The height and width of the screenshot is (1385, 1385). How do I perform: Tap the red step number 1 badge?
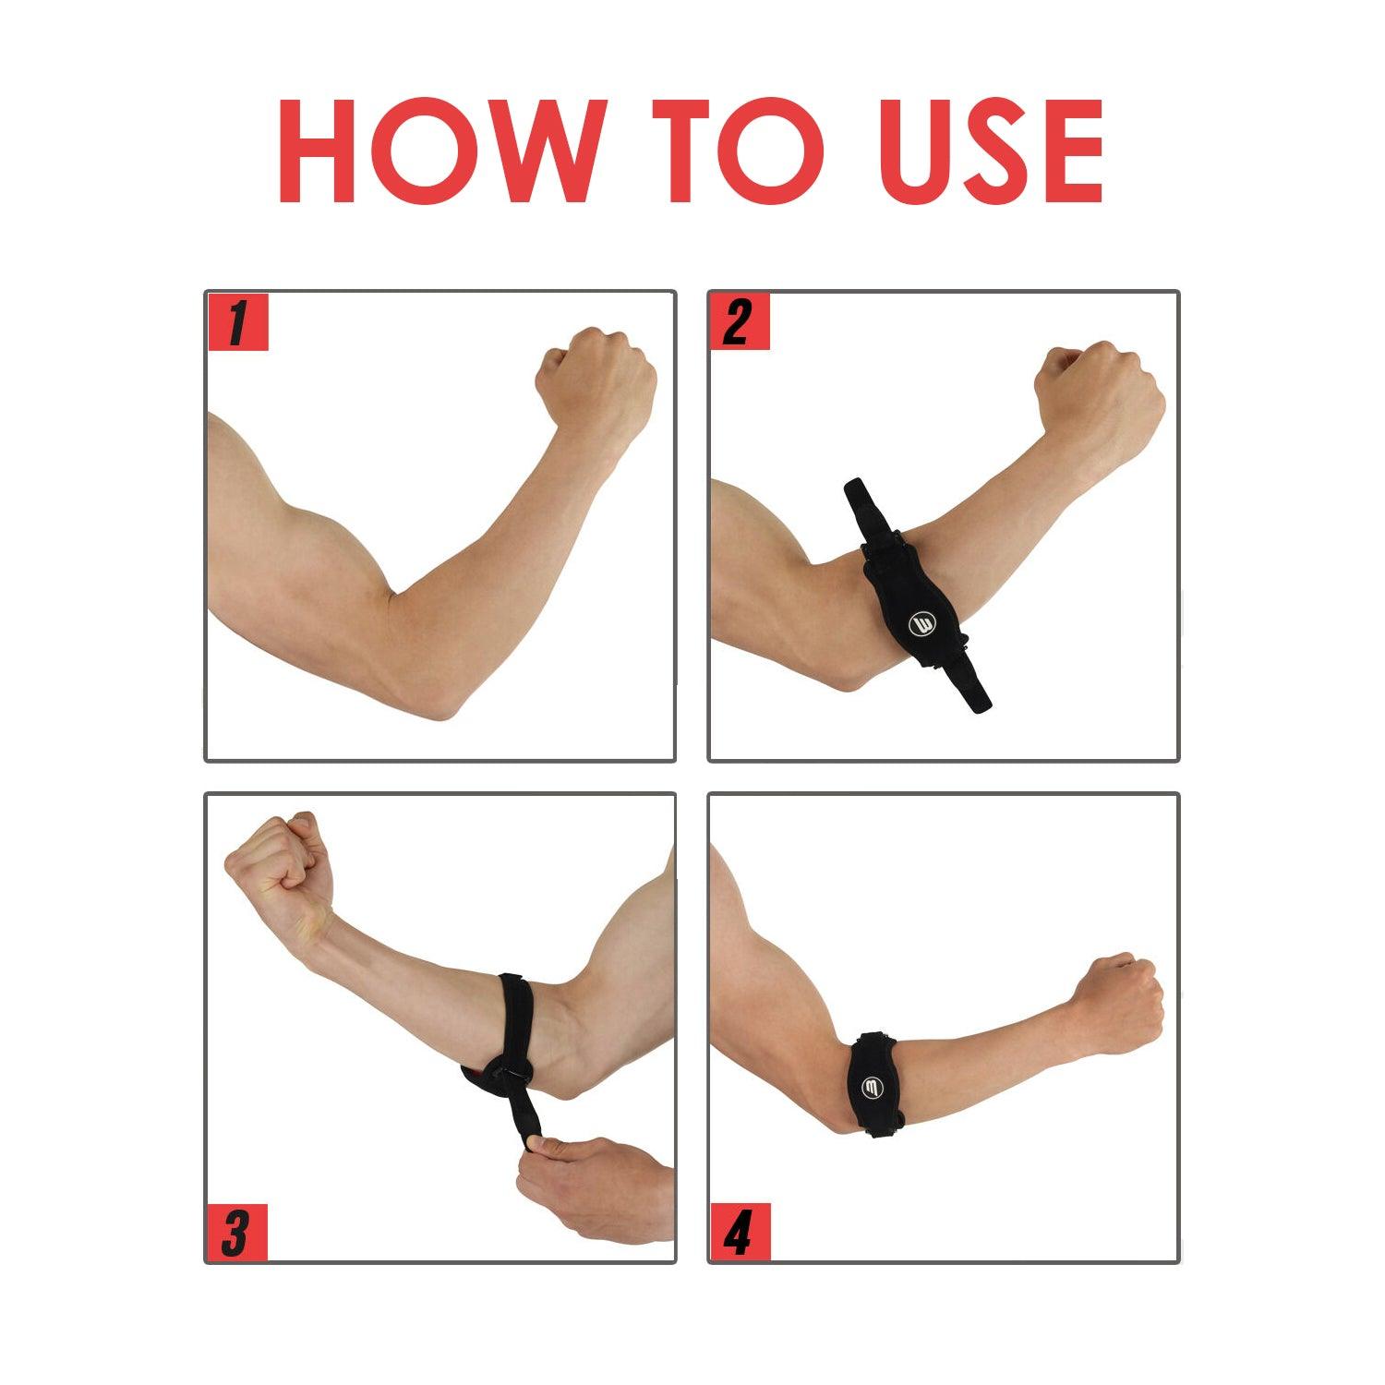[237, 322]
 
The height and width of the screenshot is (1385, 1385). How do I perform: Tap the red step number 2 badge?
[740, 322]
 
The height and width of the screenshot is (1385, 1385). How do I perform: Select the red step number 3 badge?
[236, 1233]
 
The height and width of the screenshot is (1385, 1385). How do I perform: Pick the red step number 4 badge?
[740, 1233]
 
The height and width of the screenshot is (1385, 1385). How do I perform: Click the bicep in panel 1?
[305, 536]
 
